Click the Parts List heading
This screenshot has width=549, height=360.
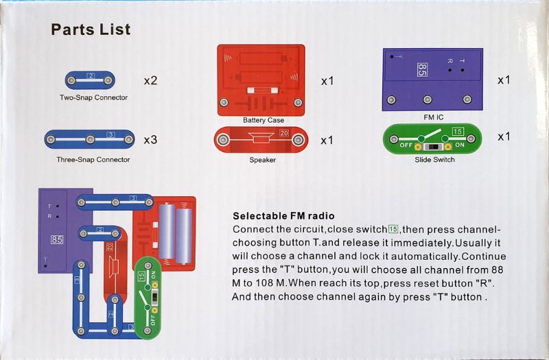point(91,29)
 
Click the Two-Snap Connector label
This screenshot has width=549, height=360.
point(93,97)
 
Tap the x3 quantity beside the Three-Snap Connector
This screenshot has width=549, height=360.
point(150,140)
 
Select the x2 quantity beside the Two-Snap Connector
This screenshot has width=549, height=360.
point(150,80)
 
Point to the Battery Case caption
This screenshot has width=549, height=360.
point(263,120)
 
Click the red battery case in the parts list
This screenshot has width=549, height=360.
point(261,79)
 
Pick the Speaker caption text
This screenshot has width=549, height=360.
point(262,160)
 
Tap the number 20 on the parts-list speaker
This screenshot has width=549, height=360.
point(284,132)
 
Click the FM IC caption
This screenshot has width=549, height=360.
point(433,117)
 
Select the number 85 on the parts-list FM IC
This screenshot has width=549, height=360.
point(422,69)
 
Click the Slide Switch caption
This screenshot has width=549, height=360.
point(434,160)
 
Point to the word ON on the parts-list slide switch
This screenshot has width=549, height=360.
point(459,145)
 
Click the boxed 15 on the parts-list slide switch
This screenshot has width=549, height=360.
point(458,131)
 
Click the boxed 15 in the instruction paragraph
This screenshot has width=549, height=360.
point(393,228)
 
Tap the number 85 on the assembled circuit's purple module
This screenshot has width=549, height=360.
point(58,241)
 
